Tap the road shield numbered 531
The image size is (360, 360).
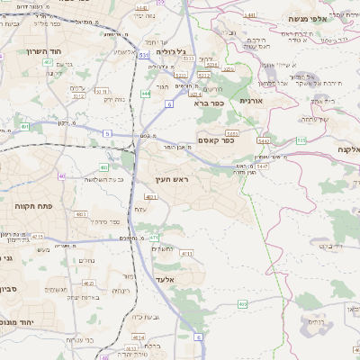click(144, 55)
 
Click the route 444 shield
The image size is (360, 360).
click(146, 93)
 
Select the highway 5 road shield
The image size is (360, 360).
click(107, 133)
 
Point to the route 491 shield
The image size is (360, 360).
click(24, 127)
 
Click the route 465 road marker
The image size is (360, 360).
click(242, 304)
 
